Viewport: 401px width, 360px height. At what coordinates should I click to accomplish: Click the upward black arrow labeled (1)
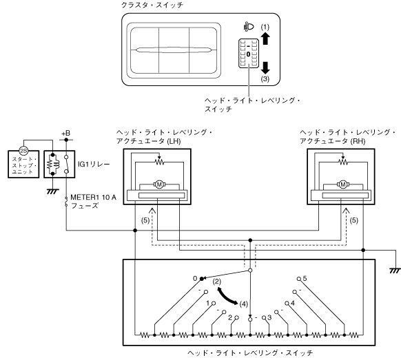coord(265,38)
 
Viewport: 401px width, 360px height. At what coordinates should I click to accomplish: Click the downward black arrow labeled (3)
coord(265,67)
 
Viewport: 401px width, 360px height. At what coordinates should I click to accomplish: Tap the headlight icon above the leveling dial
coord(249,27)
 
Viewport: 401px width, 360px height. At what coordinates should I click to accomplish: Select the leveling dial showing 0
coord(248,54)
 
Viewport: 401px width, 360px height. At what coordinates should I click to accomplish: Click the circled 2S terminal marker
coord(23,151)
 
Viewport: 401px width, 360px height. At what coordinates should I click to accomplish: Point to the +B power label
coord(65,133)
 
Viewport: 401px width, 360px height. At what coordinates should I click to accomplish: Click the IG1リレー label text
coord(94,164)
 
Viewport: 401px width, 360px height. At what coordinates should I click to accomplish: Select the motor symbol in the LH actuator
coord(159,184)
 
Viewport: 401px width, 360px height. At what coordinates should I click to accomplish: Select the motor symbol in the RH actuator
coord(343,184)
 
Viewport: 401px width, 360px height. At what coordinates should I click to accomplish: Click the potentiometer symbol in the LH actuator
coord(160,161)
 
